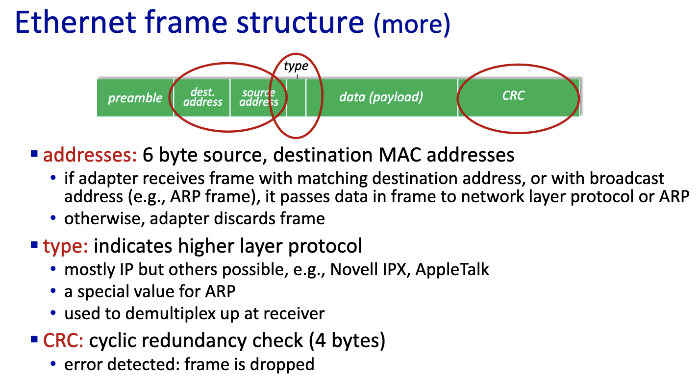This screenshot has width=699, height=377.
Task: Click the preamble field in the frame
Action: (x=135, y=98)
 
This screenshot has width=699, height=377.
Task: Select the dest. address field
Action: (x=202, y=97)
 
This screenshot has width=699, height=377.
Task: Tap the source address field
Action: (x=258, y=97)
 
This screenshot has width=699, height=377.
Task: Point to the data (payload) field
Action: (x=381, y=97)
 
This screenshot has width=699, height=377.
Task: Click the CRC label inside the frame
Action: (x=513, y=95)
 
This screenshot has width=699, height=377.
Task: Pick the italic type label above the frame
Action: (x=296, y=66)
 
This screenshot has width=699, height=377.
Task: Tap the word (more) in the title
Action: (x=412, y=24)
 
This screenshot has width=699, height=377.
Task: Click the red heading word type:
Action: (x=66, y=246)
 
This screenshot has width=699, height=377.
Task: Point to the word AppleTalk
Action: (x=452, y=269)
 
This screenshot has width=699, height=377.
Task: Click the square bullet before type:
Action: (x=34, y=244)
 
